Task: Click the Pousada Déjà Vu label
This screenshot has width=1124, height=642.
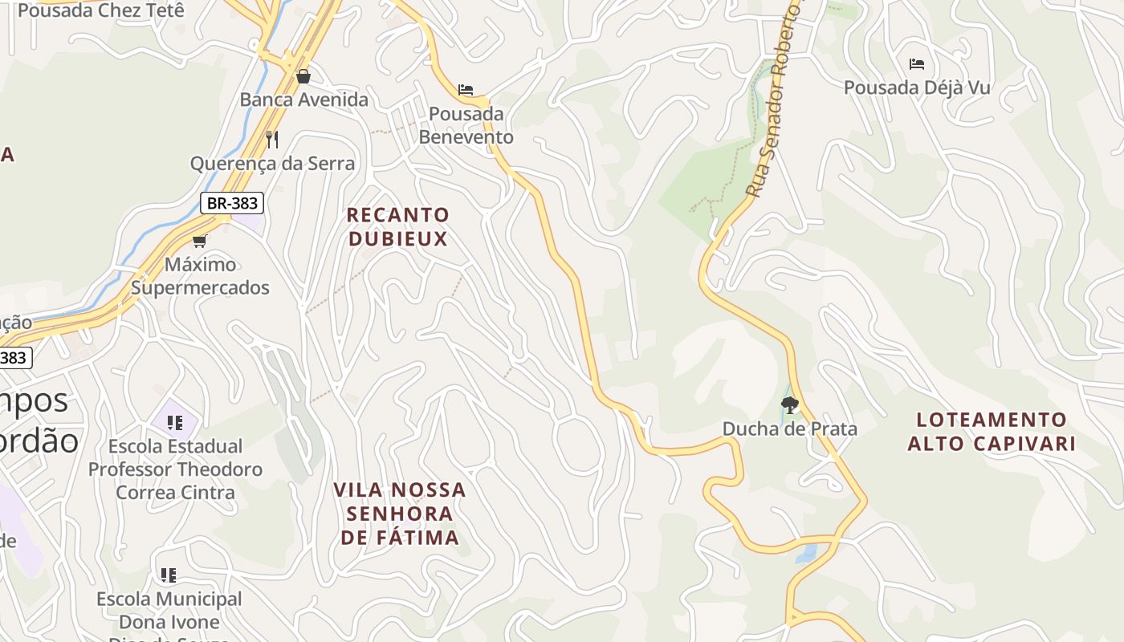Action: pos(917,87)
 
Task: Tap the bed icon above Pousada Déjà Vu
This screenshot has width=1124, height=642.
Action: pos(917,64)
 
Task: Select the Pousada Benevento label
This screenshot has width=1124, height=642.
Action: pos(466,125)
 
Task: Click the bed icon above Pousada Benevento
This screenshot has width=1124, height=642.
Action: pos(466,90)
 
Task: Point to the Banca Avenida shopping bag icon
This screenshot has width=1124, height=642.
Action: pos(303,76)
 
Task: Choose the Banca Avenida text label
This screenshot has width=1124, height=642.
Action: pos(304,100)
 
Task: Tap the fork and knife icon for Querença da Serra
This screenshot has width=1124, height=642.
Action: pos(272,140)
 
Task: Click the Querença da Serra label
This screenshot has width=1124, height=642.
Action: pos(272,164)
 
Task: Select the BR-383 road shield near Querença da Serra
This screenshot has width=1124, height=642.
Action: pos(232,203)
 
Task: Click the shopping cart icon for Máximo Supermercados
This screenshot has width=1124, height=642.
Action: pos(199,241)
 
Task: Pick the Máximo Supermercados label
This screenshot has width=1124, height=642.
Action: pos(200,275)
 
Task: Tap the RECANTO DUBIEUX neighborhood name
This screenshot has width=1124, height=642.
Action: pos(398,226)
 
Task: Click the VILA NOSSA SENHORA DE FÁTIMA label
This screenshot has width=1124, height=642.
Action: pos(400,514)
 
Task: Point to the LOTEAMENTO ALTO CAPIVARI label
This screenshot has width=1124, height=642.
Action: pos(992,431)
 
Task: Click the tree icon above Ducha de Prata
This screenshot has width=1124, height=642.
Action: pos(790,404)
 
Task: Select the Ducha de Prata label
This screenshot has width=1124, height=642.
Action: pos(790,429)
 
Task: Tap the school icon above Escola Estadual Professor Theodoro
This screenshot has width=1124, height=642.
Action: pos(175,422)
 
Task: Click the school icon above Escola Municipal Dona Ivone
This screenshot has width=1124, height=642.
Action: pos(169,575)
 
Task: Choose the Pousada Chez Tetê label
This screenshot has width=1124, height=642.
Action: pos(101,10)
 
